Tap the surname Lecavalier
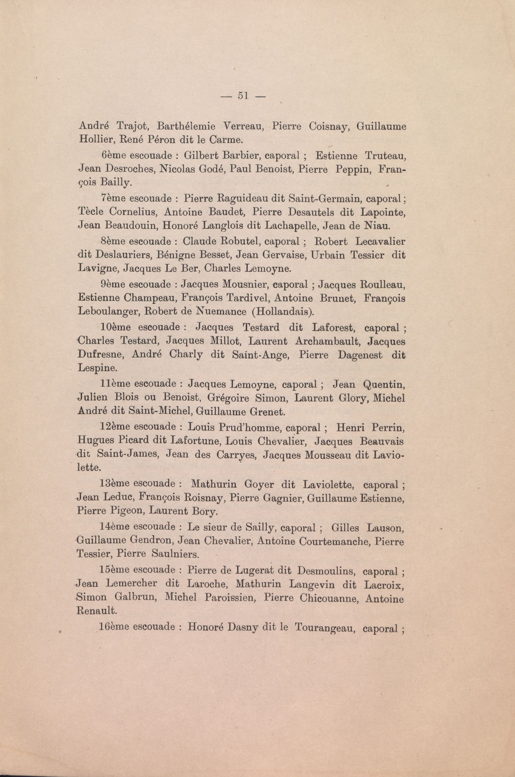click(x=380, y=241)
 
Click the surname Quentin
click(x=384, y=384)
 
